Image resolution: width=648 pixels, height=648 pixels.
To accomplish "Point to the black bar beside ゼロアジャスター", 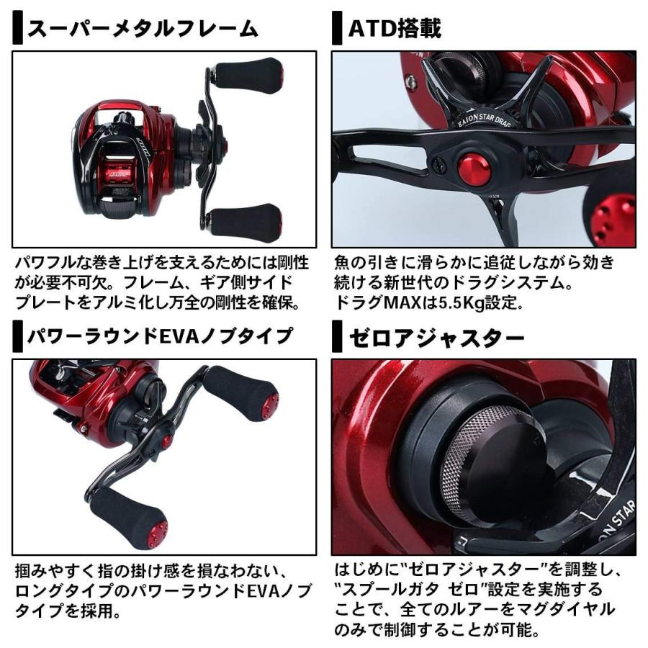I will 337,336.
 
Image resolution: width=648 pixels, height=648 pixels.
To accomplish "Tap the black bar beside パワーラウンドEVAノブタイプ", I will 17,336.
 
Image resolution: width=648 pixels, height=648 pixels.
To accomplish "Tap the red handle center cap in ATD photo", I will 474,170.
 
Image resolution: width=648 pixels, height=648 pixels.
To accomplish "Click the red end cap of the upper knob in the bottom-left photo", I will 271,402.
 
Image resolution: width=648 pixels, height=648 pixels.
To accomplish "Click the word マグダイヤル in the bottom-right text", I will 572,610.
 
